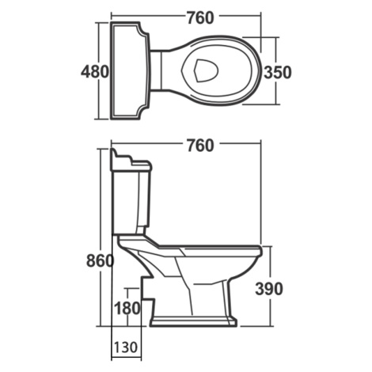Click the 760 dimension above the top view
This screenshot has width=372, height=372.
200,18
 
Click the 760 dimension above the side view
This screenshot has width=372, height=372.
200,146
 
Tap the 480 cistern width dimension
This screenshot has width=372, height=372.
95,72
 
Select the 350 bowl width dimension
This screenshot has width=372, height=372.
278,72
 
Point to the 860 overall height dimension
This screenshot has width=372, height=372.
101,261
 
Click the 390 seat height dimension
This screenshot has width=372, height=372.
269,289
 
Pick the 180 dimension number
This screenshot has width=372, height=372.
127,308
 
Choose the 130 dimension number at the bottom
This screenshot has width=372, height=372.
126,347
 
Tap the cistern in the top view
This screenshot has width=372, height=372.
130,71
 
